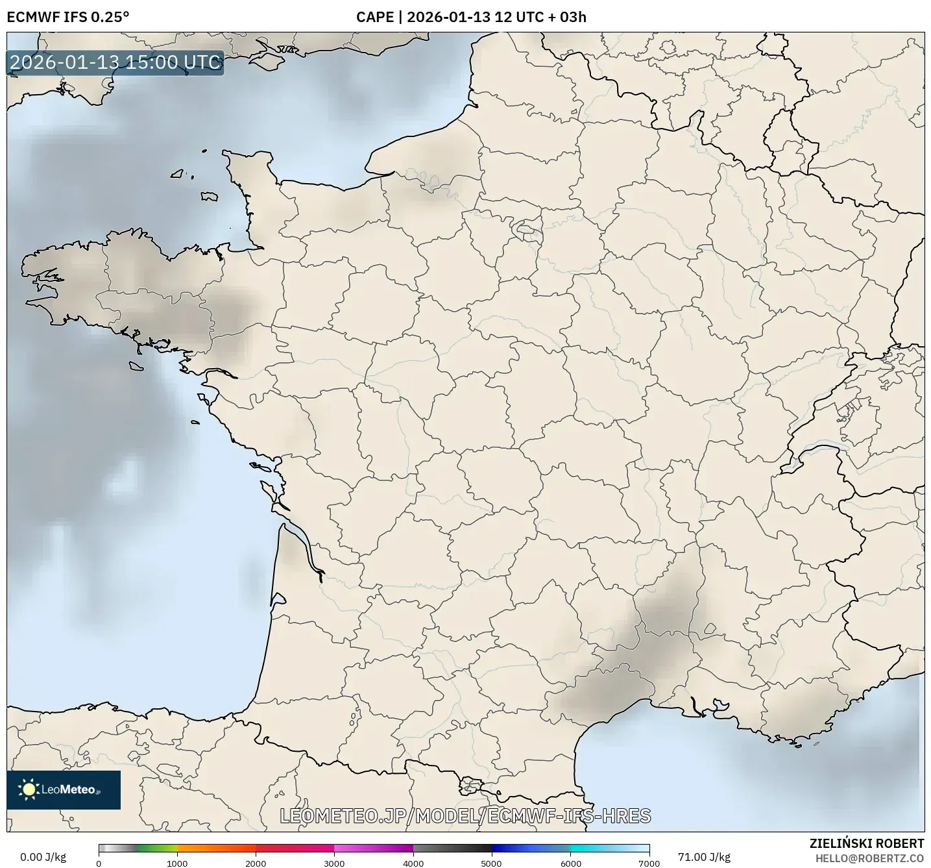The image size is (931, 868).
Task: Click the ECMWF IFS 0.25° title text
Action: pos(67,17)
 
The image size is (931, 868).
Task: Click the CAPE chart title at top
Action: pos(471,17)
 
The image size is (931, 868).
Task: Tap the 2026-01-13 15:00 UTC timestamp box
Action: pos(115,62)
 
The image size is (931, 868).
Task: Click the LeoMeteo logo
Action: pos(64,789)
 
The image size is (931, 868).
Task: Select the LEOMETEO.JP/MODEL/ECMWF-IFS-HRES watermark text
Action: pos(465,816)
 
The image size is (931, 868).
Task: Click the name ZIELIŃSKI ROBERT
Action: pos(867,843)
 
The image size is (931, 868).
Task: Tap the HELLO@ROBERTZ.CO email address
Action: pos(869,858)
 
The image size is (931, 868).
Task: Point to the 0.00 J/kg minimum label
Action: pos(43,857)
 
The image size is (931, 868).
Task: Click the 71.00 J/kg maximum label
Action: pos(704,857)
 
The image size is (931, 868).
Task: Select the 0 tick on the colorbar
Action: pos(99,863)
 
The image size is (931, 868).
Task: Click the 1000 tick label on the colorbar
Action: pos(177,863)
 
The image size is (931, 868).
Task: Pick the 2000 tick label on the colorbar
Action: pos(256,863)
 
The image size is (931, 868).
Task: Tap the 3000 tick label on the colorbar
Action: pos(334,863)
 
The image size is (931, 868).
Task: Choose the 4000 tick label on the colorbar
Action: pos(413,863)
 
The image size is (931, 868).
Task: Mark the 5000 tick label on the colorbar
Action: pos(492,863)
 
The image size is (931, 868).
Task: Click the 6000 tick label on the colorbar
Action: pos(570,863)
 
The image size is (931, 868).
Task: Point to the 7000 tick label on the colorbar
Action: pos(649,863)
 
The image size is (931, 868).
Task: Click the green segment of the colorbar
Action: pos(156,848)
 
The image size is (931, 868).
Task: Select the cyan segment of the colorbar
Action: pos(590,848)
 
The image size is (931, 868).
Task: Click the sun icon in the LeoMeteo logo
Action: pos(29,789)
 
